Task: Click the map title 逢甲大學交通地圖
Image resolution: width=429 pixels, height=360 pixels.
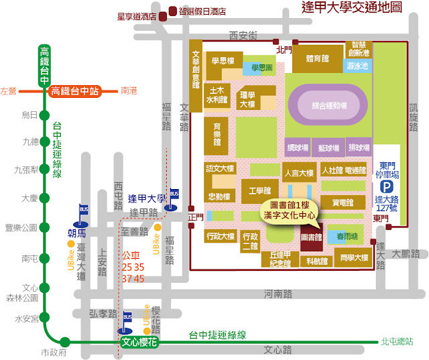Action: click(x=352, y=9)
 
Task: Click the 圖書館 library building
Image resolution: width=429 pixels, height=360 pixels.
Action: click(x=311, y=237)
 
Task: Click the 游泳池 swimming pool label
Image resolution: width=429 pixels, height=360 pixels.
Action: click(x=358, y=66)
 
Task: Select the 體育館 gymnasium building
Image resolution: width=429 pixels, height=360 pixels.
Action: click(x=316, y=59)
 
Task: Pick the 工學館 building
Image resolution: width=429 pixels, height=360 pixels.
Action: click(x=259, y=191)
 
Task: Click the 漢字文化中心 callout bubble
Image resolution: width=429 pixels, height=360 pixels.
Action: click(x=290, y=210)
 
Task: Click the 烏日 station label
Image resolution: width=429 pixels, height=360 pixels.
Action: click(x=30, y=115)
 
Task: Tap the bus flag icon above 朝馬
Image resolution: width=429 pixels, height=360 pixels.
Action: click(x=84, y=210)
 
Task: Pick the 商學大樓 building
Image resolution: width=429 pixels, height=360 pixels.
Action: click(x=354, y=257)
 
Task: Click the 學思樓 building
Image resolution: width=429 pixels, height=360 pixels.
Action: click(x=223, y=60)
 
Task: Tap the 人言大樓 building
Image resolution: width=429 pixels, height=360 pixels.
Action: click(x=298, y=173)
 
